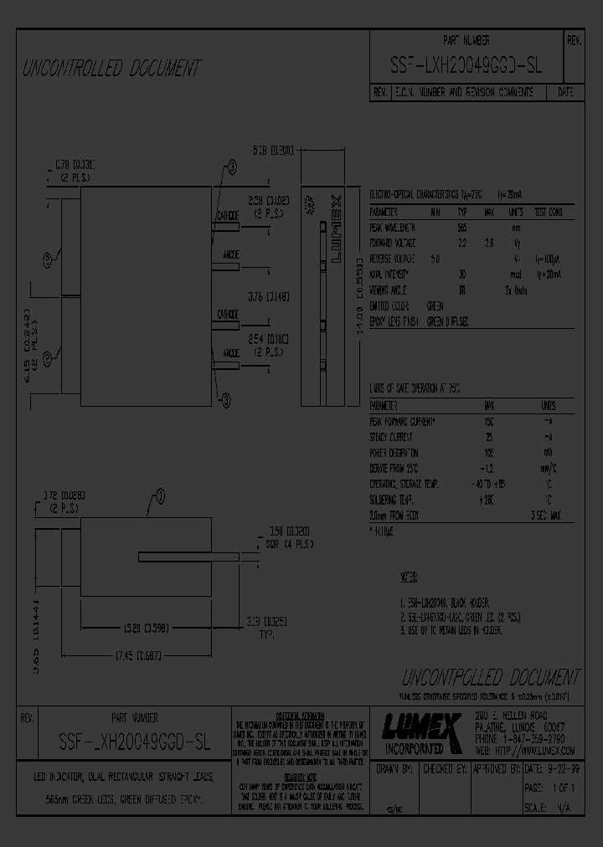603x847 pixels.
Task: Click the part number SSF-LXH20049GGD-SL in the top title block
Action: [466, 69]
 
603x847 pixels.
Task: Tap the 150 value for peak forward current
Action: [489, 421]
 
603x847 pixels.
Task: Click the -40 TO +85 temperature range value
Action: [488, 484]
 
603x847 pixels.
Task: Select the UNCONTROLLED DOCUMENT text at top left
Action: [111, 68]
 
